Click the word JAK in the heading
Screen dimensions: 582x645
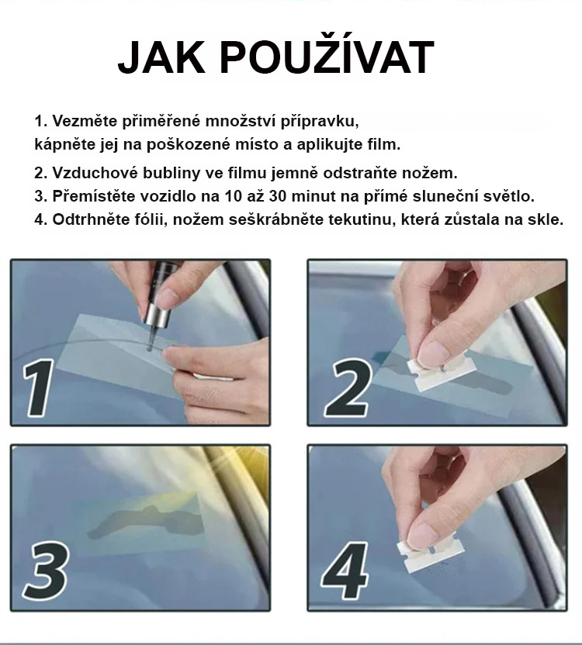point(161,57)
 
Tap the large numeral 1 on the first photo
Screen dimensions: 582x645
point(38,388)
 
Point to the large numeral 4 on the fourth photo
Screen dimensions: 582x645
point(345,571)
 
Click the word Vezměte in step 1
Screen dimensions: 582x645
point(85,121)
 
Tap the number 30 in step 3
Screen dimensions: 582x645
point(277,196)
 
